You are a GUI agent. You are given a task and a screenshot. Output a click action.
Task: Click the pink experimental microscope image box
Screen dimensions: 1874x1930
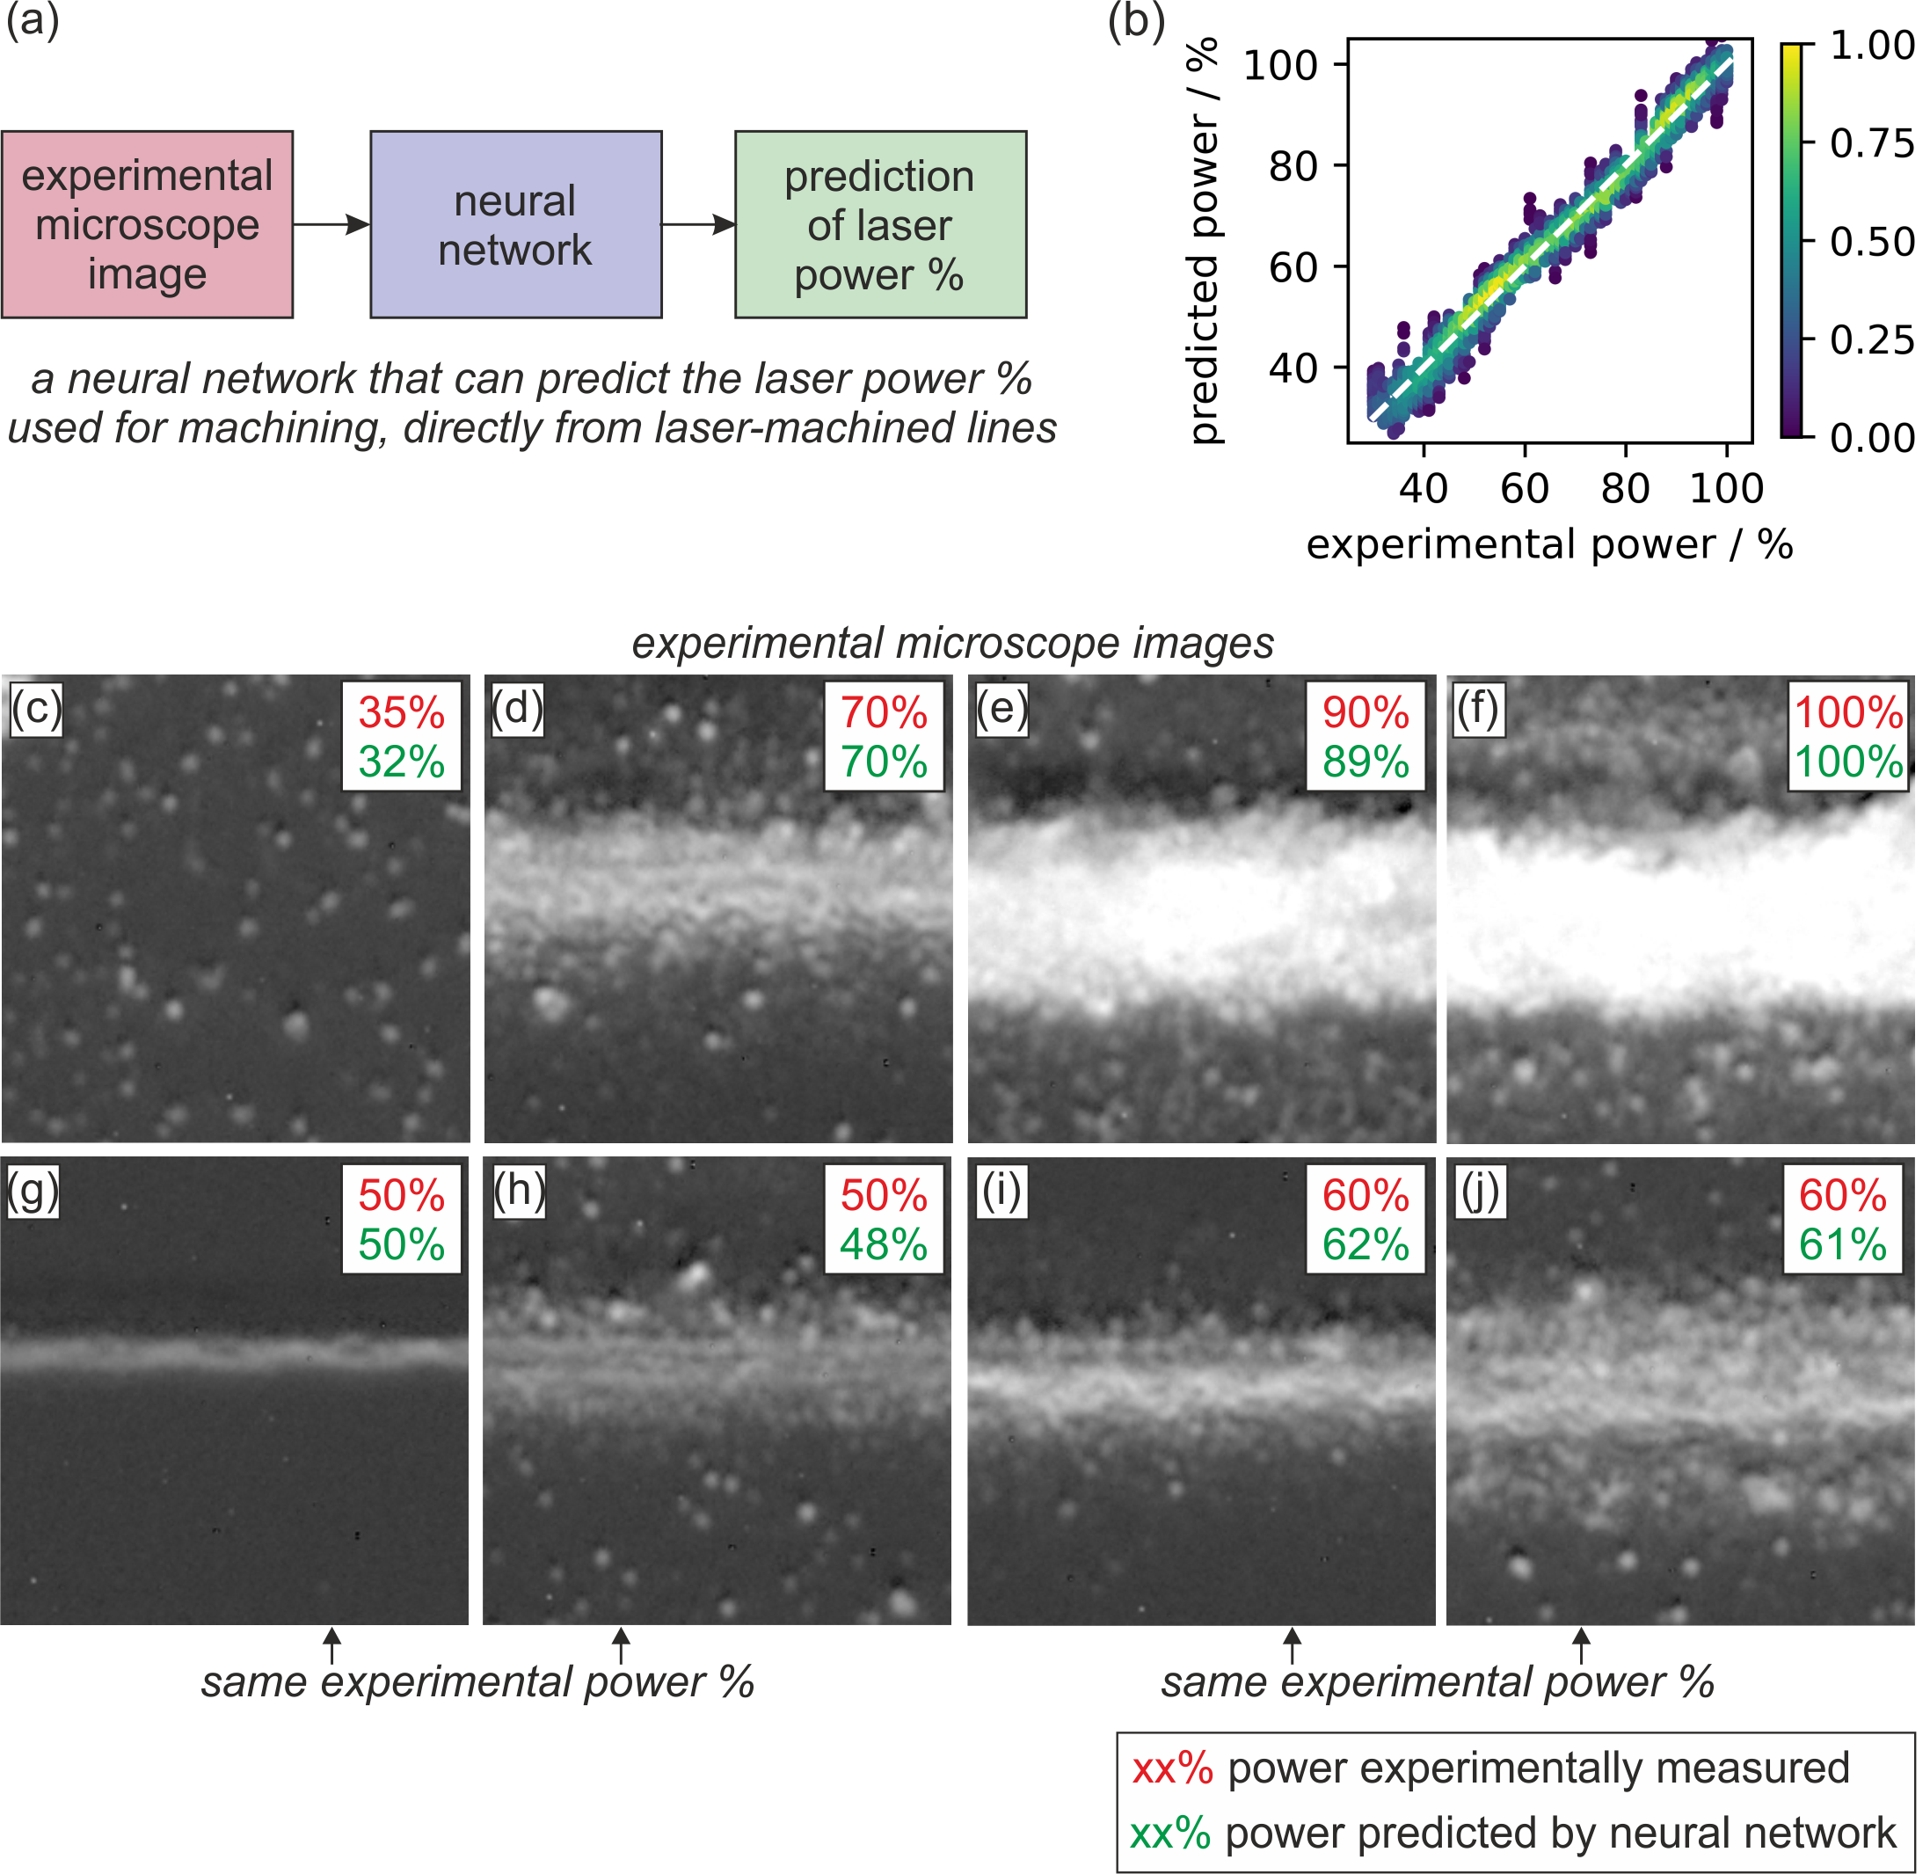point(148,224)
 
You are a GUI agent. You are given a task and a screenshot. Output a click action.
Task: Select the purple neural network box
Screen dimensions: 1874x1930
point(516,224)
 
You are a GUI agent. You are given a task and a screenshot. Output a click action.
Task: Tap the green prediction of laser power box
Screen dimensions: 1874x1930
point(881,224)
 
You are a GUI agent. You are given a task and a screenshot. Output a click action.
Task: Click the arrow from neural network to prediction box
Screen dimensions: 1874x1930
point(699,224)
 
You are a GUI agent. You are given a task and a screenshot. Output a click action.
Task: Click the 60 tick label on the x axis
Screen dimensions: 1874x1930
point(1526,488)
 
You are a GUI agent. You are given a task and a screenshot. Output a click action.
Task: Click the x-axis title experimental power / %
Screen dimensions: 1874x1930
point(1550,544)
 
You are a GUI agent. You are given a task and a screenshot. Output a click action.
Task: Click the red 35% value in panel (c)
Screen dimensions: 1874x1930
point(402,713)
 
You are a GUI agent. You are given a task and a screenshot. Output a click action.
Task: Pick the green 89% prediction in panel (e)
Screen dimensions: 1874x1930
point(1366,762)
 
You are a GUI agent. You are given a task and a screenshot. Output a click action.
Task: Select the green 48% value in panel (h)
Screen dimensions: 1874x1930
point(884,1244)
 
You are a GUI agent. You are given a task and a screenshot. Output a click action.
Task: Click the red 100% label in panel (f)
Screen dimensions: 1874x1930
point(1848,713)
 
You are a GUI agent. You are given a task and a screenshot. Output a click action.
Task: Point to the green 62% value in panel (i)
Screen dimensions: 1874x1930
point(1366,1244)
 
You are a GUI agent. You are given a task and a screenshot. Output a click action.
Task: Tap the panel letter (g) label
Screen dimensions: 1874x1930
point(33,1191)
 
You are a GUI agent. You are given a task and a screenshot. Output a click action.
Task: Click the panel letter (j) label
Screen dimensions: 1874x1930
point(1479,1191)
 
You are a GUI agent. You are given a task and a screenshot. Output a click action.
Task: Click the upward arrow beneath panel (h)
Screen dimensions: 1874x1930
point(622,1645)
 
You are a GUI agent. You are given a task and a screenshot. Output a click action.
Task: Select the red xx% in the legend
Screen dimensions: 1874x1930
point(1172,1768)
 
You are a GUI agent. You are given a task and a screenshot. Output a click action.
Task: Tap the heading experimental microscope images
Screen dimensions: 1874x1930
point(953,643)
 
